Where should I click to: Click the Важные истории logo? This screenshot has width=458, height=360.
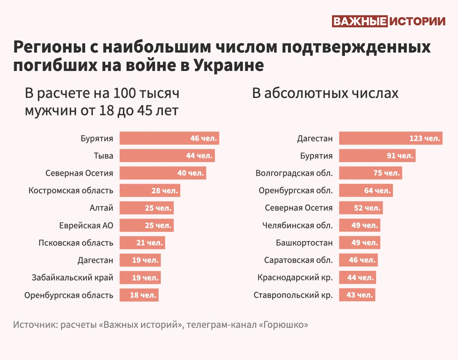pos(389,21)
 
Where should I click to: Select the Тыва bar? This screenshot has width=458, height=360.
pos(167,156)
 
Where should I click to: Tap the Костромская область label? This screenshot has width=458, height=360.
pos(71,190)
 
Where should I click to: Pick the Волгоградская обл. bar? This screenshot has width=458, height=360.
pos(370,173)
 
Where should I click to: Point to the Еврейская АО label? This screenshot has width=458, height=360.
pos(86,225)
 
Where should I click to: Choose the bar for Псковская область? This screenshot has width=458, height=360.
pos(142,243)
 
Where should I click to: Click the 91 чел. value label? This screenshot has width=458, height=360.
pos(399,156)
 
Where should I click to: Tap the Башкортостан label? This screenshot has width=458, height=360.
pos(304,243)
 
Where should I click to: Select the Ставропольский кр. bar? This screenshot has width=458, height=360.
pos(357,295)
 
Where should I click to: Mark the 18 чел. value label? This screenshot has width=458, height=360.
pos(143,295)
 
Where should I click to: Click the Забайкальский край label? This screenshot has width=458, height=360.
pos(73,278)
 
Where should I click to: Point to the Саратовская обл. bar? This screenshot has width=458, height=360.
pos(358,260)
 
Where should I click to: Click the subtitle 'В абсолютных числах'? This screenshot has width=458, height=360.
pos(325,93)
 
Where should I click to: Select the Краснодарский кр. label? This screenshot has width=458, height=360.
pos(295,278)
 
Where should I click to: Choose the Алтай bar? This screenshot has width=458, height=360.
pos(147,208)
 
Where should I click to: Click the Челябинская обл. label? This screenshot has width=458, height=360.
pos(297,225)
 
